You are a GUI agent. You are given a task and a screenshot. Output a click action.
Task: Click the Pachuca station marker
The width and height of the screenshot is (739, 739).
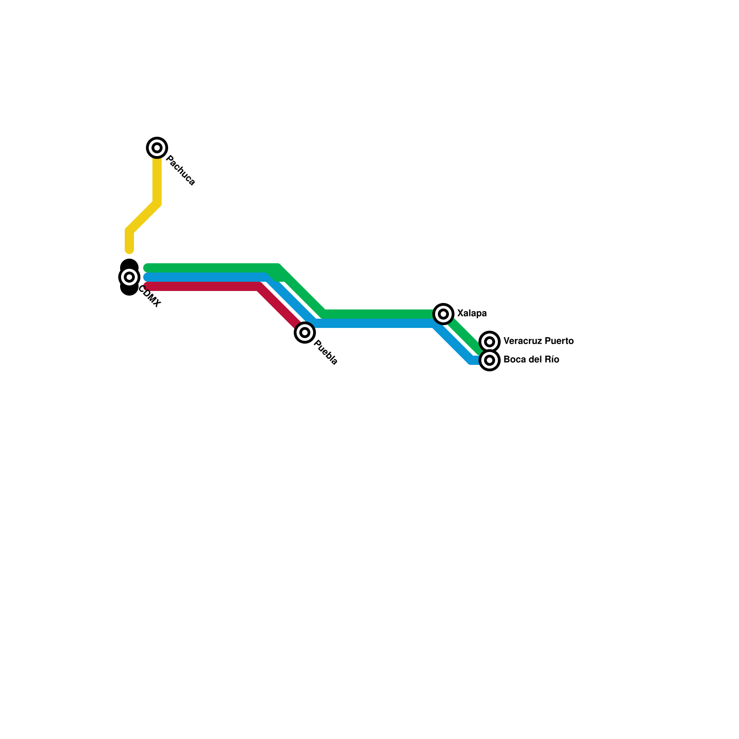[157, 148]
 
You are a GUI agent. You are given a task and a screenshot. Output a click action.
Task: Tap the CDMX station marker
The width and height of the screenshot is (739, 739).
[129, 277]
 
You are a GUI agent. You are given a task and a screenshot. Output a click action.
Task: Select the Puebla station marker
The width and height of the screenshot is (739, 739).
[305, 332]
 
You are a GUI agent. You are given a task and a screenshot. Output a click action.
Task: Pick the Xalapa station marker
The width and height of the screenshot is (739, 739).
[443, 314]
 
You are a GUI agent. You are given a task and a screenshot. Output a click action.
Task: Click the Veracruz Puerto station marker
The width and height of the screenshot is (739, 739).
[490, 342]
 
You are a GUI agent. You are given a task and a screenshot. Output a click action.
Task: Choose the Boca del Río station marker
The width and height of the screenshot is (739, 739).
[490, 360]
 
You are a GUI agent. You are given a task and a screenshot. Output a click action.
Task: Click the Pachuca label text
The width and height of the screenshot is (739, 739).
[180, 170]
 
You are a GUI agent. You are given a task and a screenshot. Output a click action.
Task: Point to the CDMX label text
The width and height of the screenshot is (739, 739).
[150, 297]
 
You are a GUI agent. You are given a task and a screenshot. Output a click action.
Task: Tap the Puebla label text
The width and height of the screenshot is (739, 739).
[326, 352]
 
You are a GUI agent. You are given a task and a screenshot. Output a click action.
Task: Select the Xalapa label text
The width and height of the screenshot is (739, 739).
[472, 314]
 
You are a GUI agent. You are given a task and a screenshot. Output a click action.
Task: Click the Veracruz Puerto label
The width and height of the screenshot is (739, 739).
[538, 341]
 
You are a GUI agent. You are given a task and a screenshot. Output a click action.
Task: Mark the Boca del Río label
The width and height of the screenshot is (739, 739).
[531, 360]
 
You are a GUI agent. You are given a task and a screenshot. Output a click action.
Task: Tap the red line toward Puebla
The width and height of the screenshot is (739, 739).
[203, 287]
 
